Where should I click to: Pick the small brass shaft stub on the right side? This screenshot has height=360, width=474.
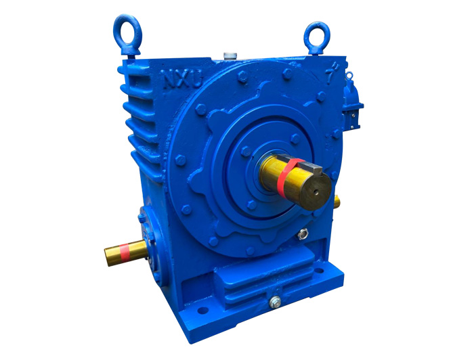click(x=336, y=201)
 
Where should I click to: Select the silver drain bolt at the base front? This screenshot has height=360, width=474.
click(x=274, y=302)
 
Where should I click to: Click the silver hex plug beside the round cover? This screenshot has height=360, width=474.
click(x=301, y=235)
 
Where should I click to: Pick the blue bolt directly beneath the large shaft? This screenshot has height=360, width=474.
click(x=253, y=205)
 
